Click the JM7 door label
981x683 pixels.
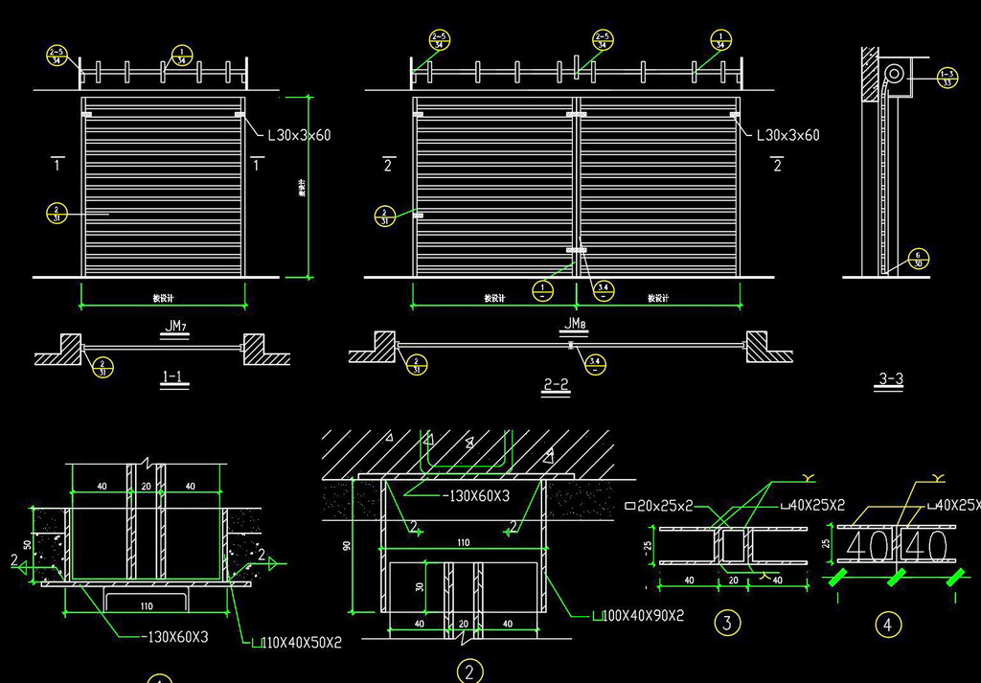coord(174,328)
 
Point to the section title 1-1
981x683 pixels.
coord(173,377)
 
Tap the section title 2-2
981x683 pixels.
coord(557,384)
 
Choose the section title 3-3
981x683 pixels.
coord(890,379)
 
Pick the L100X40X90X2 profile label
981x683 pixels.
coord(639,616)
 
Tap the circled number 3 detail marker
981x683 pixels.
coord(727,624)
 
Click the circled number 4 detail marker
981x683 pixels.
coord(888,626)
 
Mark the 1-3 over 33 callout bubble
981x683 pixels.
coord(947,78)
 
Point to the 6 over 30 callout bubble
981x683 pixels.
coord(919,260)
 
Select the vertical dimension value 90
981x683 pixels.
coord(348,546)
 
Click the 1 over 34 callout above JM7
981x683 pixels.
coord(181,56)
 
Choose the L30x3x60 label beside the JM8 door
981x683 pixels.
coord(787,136)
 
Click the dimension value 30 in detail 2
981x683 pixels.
coord(418,587)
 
